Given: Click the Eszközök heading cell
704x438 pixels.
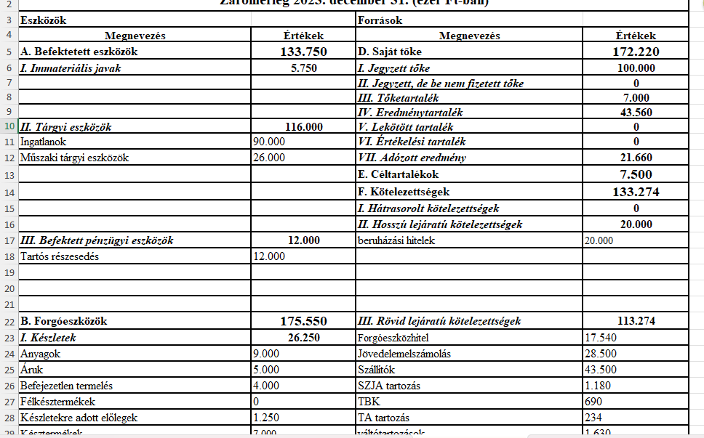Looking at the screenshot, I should click(43, 20).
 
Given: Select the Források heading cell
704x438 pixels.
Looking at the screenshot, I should click(380, 20).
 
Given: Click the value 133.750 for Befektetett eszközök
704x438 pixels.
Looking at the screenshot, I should click(303, 52).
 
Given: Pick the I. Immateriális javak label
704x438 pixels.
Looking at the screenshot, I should click(71, 68).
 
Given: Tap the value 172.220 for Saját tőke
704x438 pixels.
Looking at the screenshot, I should click(636, 52).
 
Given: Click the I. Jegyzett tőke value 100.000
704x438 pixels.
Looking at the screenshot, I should click(636, 68).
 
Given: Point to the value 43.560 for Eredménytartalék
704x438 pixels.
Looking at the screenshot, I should click(636, 113).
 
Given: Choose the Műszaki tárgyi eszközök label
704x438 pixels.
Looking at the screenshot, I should click(75, 157).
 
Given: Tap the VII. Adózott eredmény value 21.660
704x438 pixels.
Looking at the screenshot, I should click(636, 157).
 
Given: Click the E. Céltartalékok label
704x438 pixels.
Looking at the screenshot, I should click(398, 174).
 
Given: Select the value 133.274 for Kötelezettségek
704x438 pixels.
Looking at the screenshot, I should click(636, 192).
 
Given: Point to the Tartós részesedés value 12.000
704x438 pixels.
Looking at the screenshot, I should click(268, 256).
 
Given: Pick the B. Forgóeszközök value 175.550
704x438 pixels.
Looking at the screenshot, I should click(303, 320).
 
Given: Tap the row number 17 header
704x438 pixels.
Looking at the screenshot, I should click(9, 240).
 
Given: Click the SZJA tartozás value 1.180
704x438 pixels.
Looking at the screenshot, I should click(597, 385).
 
